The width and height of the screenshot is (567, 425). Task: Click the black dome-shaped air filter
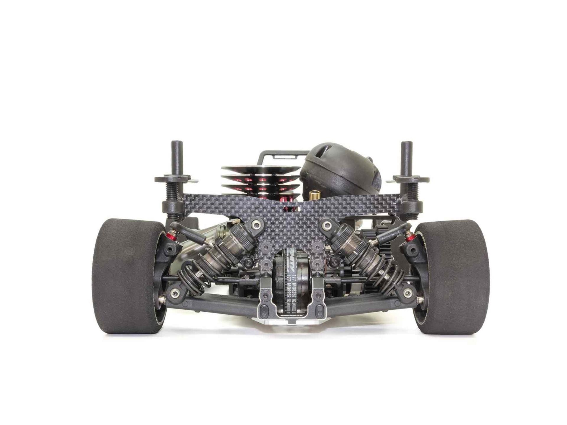click(340, 168)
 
